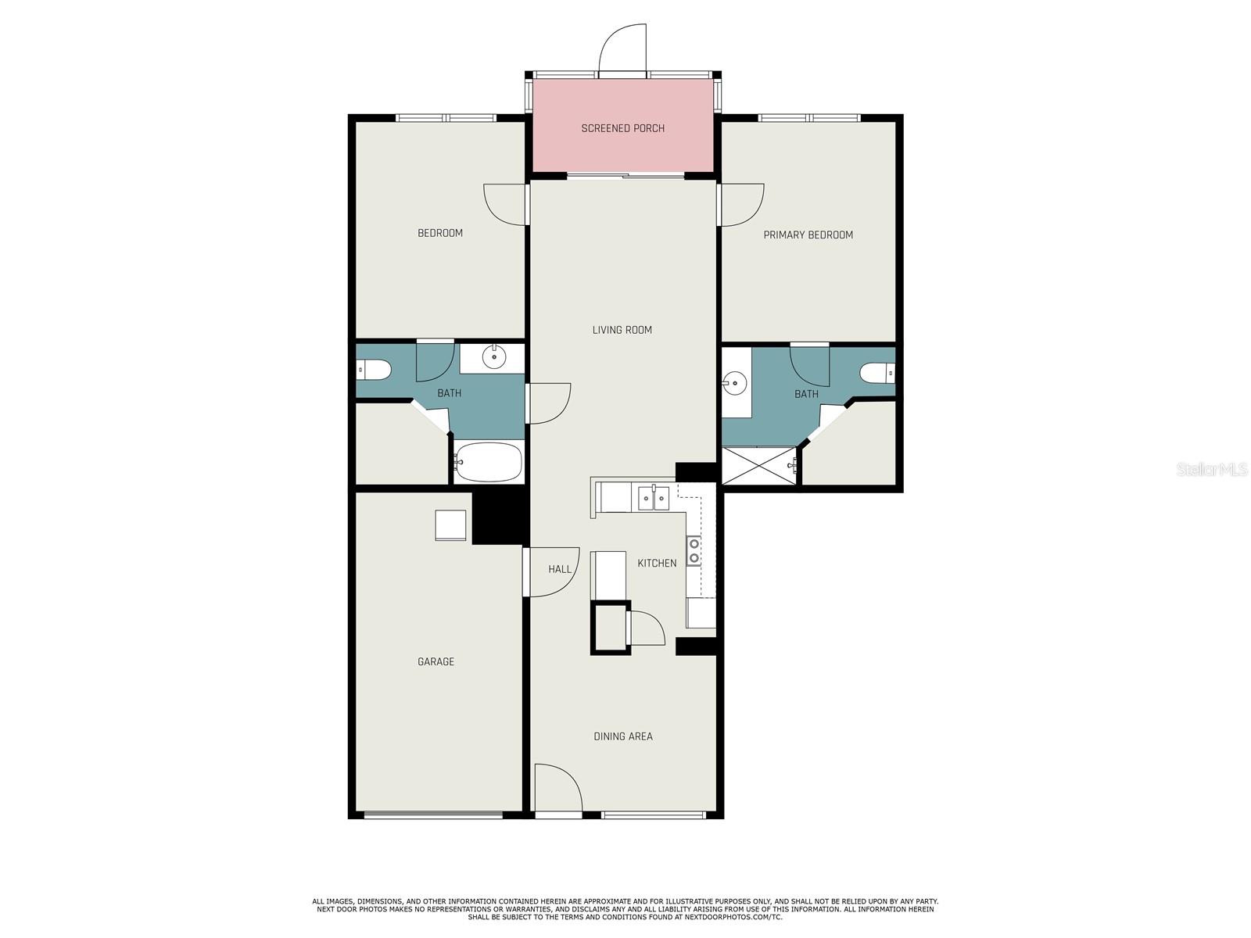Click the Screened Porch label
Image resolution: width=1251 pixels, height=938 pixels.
[622, 128]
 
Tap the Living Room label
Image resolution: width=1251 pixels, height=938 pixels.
[622, 330]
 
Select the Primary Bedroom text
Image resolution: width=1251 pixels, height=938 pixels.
[808, 234]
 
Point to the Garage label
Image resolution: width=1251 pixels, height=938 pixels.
[436, 661]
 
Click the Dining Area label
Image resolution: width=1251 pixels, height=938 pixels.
[623, 736]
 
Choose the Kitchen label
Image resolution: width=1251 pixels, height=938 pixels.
[657, 563]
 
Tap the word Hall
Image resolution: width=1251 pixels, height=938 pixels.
[559, 569]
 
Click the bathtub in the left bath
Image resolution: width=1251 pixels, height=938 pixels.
[488, 462]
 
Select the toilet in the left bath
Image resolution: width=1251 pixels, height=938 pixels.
[373, 371]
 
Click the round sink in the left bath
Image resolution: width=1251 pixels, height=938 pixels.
[493, 357]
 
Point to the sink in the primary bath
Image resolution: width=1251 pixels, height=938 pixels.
[735, 383]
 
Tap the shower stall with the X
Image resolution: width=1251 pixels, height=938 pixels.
[759, 466]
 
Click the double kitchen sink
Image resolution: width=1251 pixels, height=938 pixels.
[653, 497]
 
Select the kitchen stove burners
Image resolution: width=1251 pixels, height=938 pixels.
[694, 551]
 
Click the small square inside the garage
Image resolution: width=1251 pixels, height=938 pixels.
[450, 525]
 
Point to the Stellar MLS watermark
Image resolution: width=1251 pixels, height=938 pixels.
[1212, 469]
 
